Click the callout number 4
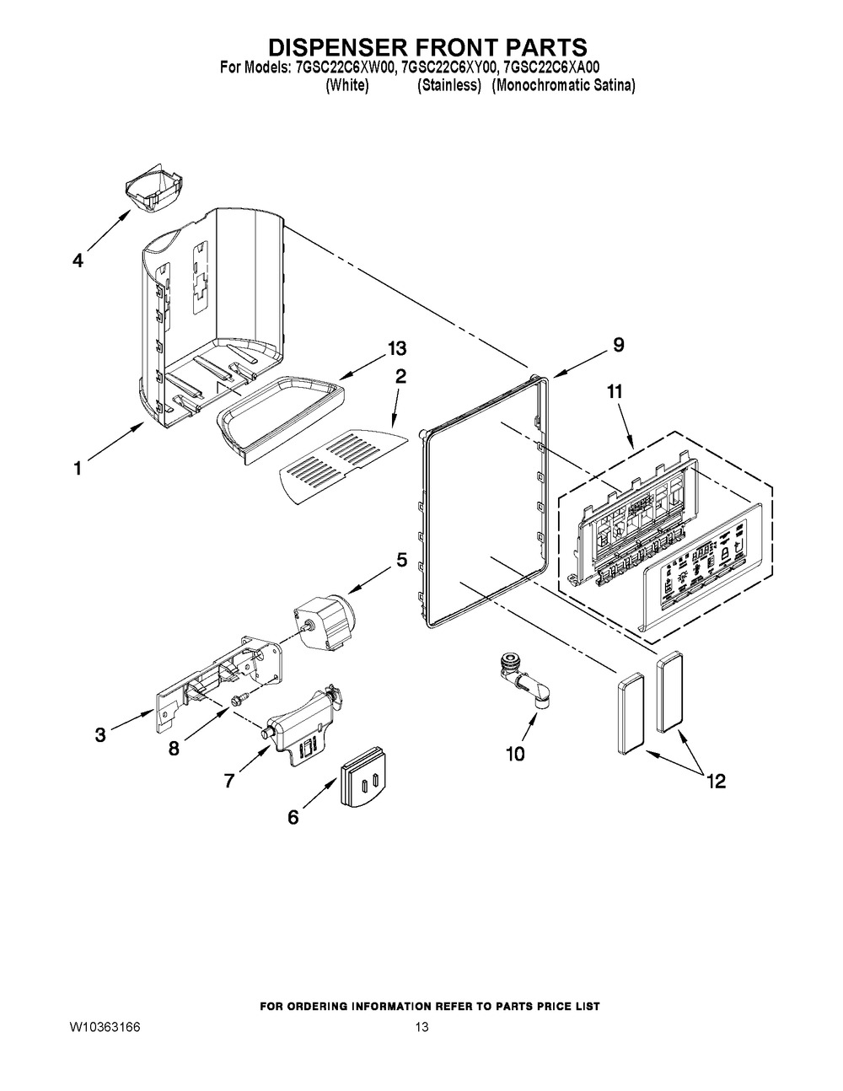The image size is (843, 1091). pos(77,261)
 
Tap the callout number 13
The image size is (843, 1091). pos(395,348)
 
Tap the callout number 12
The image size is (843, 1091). pos(716,782)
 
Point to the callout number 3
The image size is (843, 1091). pos(100,735)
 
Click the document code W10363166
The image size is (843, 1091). pos(105,1027)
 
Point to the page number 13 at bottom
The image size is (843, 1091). pos(422,1027)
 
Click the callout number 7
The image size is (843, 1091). pos(228,781)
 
